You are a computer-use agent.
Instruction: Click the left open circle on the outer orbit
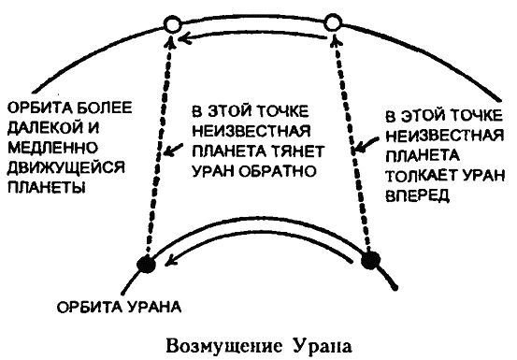[x=168, y=23]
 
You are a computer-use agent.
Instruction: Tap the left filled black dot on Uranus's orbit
[x=146, y=265]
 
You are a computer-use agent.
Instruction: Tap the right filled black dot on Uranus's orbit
[x=370, y=259]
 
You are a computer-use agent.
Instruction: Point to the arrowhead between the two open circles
[x=187, y=37]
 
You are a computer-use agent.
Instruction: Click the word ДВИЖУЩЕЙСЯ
[x=58, y=168]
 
